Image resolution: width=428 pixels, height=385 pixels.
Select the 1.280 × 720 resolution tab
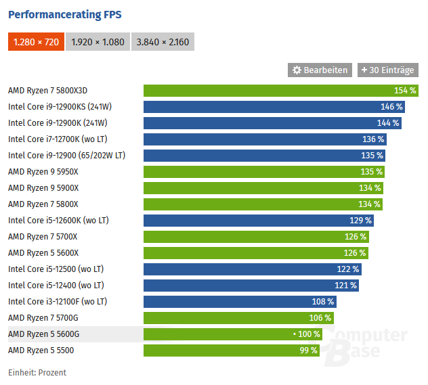36,42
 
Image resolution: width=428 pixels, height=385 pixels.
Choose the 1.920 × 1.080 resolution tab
98,42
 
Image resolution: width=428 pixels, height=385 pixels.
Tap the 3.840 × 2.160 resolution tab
163,42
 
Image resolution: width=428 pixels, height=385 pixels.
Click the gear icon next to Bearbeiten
297,70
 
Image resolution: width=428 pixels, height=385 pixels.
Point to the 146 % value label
391,107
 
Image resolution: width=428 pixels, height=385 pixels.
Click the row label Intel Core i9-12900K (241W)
58,123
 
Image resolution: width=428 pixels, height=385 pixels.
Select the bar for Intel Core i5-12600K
258,221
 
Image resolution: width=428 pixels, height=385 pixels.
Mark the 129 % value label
360,221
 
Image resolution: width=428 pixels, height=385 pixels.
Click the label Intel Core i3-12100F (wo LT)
58,302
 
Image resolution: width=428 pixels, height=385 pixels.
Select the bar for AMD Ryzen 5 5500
231,350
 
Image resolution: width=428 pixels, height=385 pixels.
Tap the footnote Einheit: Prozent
37,373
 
